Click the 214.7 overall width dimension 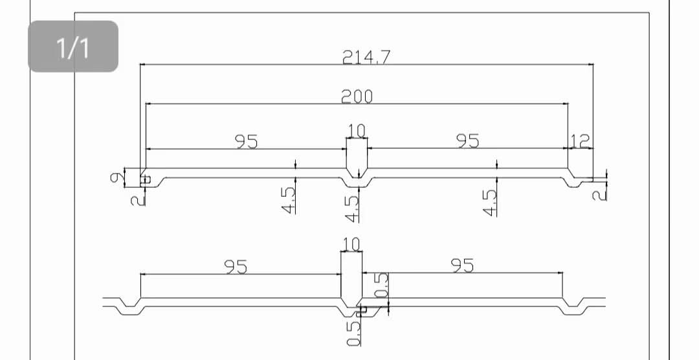(x=366, y=57)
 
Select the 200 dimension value (x=357, y=96)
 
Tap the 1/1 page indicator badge (x=73, y=47)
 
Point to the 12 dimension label (x=581, y=141)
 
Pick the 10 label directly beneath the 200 (x=356, y=131)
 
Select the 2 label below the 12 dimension (x=601, y=193)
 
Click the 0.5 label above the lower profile (x=382, y=286)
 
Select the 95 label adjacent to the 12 (x=468, y=141)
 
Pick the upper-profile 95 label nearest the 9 (x=247, y=141)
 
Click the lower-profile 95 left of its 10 (x=236, y=266)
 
